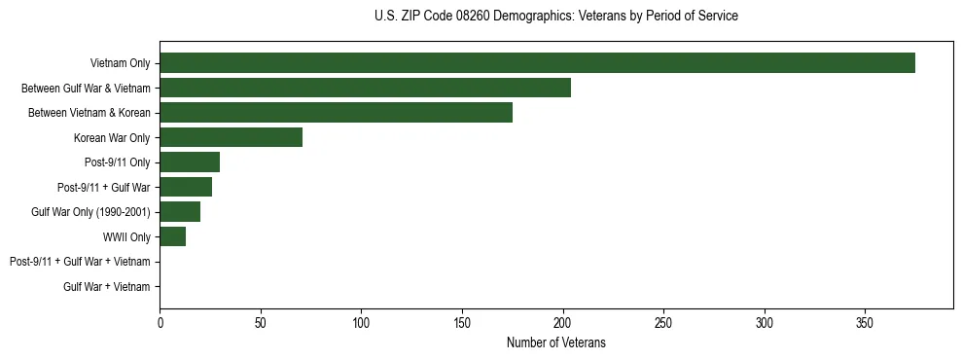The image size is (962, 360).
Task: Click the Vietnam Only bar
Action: (537, 63)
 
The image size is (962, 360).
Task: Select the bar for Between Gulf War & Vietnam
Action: (365, 88)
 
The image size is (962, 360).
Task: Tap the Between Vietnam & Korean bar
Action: (336, 113)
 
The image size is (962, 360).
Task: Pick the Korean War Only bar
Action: (231, 137)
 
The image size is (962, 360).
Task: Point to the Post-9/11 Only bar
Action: (190, 162)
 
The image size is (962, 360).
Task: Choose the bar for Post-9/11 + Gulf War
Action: (186, 187)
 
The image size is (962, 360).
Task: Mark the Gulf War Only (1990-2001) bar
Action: (180, 212)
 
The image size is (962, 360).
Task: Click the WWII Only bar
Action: (172, 236)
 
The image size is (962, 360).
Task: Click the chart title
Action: (555, 17)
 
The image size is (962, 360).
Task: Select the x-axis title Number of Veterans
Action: (555, 342)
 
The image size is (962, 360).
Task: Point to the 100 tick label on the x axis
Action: (361, 321)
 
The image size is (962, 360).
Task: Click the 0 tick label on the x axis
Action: (160, 321)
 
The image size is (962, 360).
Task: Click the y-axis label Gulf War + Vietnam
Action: (107, 286)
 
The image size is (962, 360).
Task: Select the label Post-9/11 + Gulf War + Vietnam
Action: (80, 262)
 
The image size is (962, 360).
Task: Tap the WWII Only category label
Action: (126, 236)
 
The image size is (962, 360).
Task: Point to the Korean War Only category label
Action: (112, 137)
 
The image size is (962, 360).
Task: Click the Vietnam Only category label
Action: (120, 63)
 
